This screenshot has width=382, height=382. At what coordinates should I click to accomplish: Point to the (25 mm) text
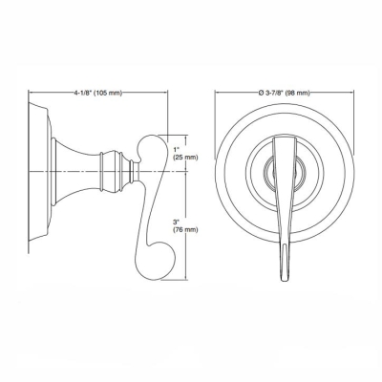pos(184,158)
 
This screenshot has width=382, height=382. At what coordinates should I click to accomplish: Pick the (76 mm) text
pos(184,231)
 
